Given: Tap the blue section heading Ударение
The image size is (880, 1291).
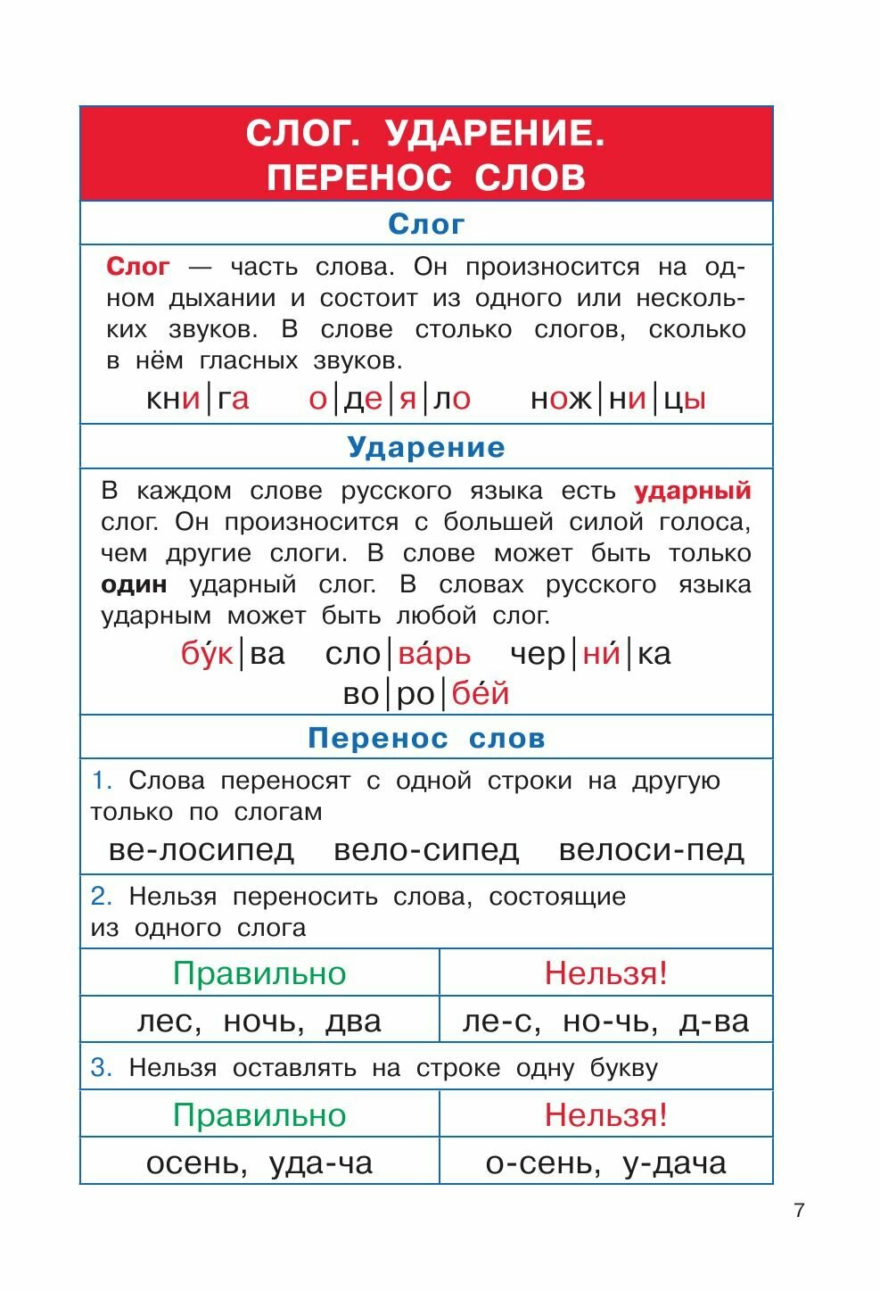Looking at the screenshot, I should [426, 447].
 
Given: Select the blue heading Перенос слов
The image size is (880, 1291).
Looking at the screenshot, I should [426, 739].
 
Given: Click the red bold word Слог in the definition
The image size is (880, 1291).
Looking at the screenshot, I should [137, 267].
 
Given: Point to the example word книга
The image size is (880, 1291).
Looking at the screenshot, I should [198, 399].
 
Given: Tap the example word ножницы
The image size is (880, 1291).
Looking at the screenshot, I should [618, 399].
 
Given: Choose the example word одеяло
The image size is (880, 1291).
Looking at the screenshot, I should [390, 399].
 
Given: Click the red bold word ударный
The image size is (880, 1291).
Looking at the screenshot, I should [693, 491].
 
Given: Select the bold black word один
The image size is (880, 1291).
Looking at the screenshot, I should [134, 585].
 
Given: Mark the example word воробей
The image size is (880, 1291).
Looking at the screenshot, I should [426, 693].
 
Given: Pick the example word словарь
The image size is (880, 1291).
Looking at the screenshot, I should [398, 654].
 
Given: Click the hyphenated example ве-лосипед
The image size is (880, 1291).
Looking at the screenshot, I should [201, 849].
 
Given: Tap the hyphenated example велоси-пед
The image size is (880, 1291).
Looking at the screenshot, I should [651, 849].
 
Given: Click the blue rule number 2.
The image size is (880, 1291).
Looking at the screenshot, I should [102, 896].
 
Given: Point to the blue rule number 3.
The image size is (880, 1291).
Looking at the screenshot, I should [102, 1068].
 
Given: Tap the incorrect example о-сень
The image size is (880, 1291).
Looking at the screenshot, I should [540, 1163].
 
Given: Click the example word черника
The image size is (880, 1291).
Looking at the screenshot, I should [590, 654].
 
